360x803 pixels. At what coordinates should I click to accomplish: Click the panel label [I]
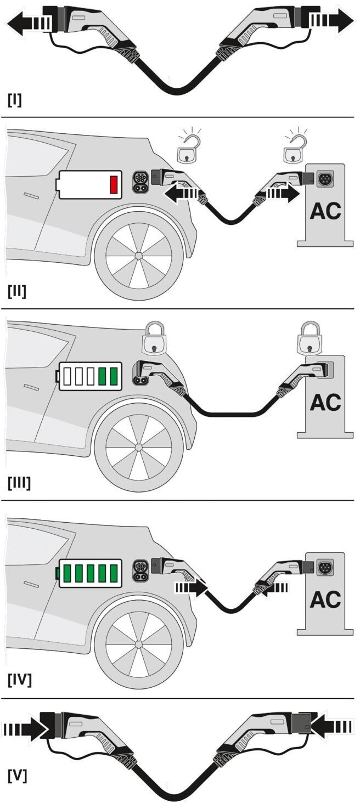click(x=14, y=100)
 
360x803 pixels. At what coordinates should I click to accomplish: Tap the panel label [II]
click(x=17, y=291)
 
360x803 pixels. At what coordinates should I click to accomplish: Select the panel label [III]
click(x=19, y=483)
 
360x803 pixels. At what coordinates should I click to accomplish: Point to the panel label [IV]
click(x=19, y=680)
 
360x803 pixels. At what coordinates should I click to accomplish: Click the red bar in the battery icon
click(x=114, y=185)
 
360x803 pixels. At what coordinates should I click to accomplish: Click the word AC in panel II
click(x=325, y=212)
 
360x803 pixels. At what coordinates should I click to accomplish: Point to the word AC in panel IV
click(x=325, y=600)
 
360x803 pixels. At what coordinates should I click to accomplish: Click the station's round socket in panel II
click(x=324, y=178)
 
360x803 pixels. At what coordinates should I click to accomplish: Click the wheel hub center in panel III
click(x=139, y=447)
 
